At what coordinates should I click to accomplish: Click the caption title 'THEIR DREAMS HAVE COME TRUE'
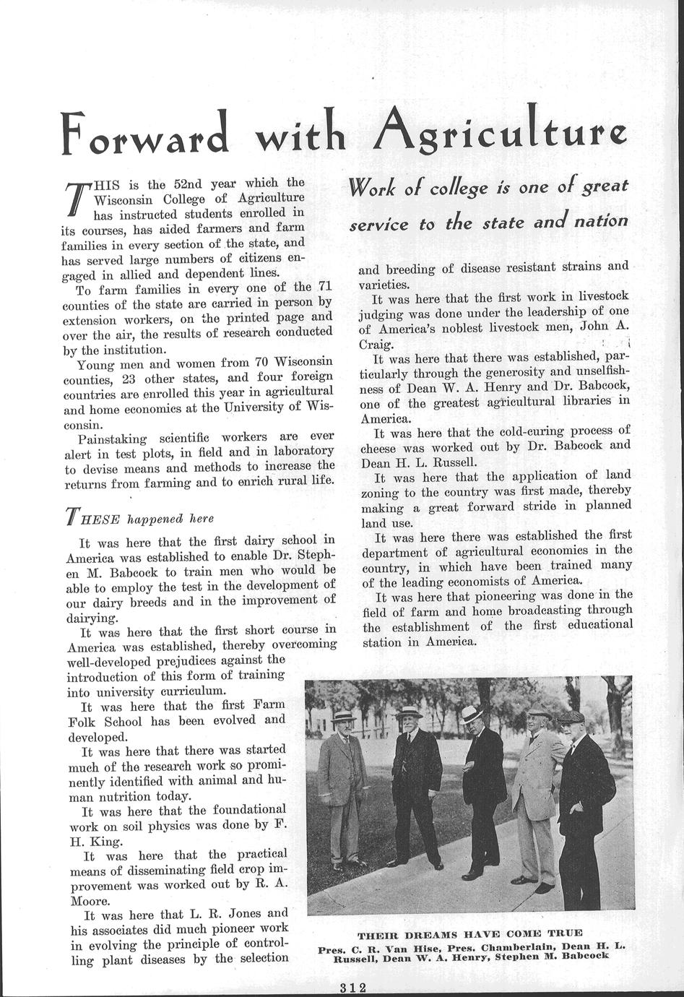[x=469, y=933]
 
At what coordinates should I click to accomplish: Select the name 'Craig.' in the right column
[x=376, y=344]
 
